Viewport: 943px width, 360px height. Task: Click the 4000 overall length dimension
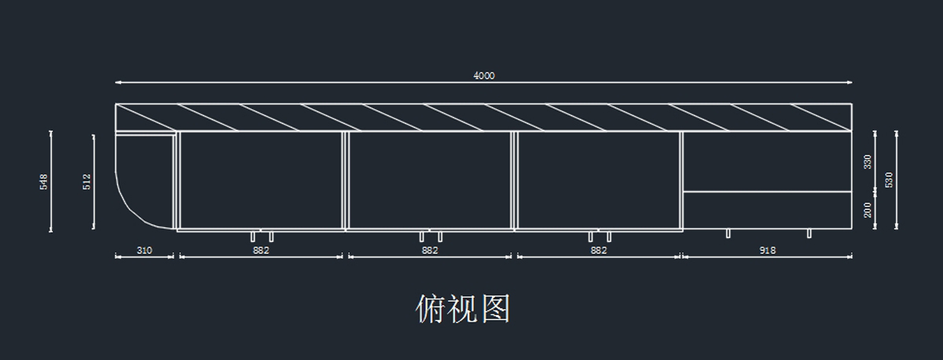[x=484, y=76]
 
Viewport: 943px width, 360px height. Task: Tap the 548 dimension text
[x=44, y=182]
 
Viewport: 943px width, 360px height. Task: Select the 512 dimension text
[x=86, y=182]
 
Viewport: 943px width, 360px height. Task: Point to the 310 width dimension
[x=145, y=251]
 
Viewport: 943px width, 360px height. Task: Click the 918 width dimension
[x=768, y=251]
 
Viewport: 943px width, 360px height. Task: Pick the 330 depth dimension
[x=868, y=162]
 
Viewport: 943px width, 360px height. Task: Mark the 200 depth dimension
[x=868, y=210]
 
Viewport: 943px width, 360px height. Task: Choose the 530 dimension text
[x=890, y=180]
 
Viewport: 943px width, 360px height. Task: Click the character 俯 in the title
[x=431, y=309]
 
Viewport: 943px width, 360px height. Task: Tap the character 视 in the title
[x=463, y=309]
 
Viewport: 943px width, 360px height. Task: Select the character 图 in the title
[x=496, y=309]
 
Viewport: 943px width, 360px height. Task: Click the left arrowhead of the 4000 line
[x=117, y=83]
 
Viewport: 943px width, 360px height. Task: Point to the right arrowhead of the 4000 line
[x=851, y=83]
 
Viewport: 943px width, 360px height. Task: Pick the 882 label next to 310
[x=261, y=251]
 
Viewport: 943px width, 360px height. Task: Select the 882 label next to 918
[x=599, y=251]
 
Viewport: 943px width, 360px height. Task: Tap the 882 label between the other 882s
[x=430, y=251]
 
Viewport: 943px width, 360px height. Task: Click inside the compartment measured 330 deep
[x=767, y=161]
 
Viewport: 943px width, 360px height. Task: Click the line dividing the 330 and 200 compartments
[x=767, y=191]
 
